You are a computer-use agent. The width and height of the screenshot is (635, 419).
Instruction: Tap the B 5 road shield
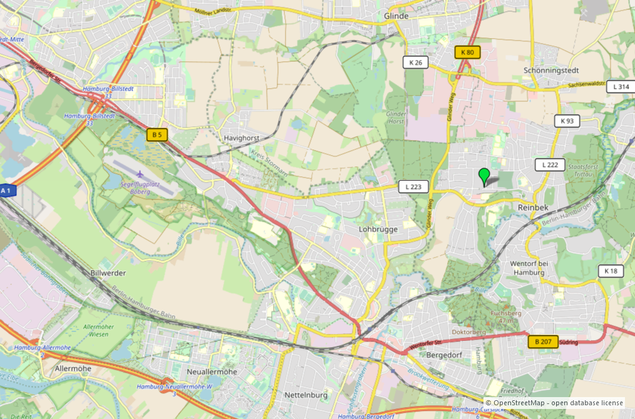(x=157, y=134)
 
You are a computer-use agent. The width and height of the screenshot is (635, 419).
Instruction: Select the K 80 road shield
(x=467, y=53)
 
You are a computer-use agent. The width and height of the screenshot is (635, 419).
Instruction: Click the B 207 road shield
(x=543, y=341)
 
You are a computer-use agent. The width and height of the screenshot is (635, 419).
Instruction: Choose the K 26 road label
(x=416, y=62)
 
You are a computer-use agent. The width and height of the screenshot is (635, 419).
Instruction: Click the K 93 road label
(x=567, y=121)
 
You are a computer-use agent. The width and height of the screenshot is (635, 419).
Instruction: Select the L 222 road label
(x=550, y=164)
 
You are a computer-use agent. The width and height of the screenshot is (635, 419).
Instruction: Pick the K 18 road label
(x=611, y=271)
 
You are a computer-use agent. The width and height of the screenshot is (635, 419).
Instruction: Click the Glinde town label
(x=396, y=16)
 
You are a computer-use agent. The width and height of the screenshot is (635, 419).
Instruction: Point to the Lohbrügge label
(x=378, y=230)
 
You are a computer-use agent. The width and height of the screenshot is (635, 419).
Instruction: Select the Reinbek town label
(x=533, y=206)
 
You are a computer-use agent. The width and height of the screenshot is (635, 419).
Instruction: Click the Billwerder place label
(x=108, y=273)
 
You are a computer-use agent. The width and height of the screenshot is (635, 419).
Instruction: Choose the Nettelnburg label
(x=307, y=395)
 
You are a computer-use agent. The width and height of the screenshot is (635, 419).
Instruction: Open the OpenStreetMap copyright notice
(x=554, y=403)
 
